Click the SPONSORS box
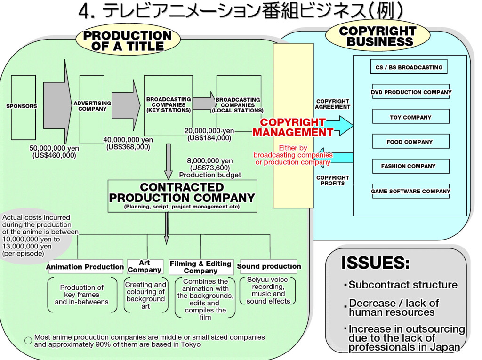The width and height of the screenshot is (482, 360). [21, 106]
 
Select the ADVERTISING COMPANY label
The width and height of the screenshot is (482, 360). [92, 106]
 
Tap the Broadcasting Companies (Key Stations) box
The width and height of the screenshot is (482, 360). [169, 105]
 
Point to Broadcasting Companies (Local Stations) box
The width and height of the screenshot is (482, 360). [238, 105]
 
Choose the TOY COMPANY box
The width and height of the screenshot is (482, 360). [410, 117]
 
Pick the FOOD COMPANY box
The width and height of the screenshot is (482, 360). [410, 142]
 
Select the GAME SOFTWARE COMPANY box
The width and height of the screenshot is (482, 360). [410, 191]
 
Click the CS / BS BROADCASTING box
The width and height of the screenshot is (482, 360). [409, 67]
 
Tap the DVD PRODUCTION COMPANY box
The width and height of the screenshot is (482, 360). [410, 92]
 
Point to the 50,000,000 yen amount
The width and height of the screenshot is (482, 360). [54, 148]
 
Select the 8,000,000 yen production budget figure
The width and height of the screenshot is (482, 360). [210, 161]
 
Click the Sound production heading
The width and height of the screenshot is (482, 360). [269, 266]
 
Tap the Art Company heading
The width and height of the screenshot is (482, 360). [145, 266]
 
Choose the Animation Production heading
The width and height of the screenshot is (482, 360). [85, 267]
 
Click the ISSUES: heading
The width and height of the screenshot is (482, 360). [375, 263]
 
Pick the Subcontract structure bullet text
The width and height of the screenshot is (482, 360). [403, 285]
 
